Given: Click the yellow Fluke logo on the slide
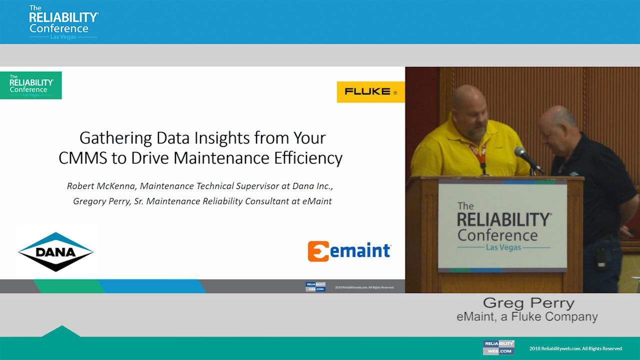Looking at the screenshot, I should (x=370, y=92).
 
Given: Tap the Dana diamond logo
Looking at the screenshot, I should (x=55, y=251).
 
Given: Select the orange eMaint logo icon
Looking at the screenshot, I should (x=318, y=251).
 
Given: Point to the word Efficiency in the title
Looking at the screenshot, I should (x=308, y=158).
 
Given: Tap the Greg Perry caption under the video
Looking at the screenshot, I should (x=528, y=303).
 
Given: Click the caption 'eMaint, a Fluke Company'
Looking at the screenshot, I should (x=527, y=316).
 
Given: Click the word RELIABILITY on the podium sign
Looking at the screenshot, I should (x=504, y=220).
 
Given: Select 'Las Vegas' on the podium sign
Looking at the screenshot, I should (x=504, y=247).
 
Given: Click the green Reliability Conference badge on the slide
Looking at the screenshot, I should (x=31, y=85).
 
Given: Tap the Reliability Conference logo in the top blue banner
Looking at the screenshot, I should (x=63, y=22).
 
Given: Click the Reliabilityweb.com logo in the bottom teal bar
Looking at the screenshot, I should (x=498, y=347).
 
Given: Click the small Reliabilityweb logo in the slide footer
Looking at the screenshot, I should (x=315, y=287).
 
